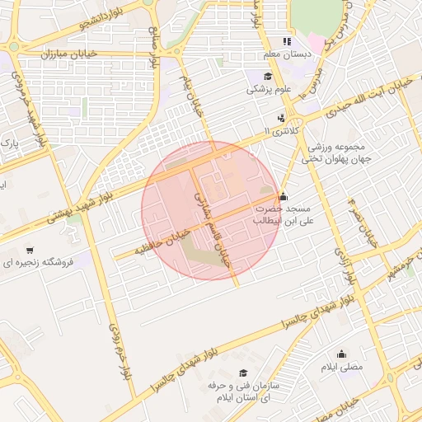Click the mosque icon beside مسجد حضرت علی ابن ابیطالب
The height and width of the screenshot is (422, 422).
(284, 196)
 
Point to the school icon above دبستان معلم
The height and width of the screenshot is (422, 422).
(287, 40)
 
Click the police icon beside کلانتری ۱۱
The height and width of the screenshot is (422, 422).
(282, 117)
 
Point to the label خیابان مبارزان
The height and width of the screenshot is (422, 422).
(69, 53)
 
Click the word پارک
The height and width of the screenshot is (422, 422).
(10, 143)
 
